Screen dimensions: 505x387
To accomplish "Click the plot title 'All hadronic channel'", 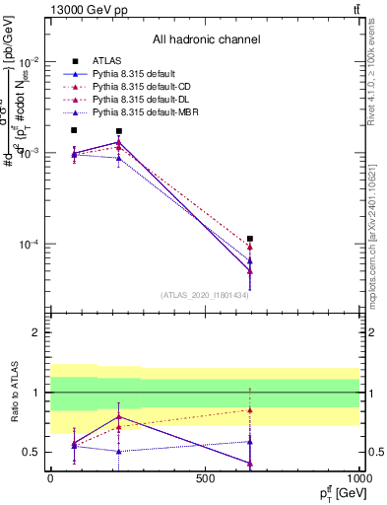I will (x=205, y=39).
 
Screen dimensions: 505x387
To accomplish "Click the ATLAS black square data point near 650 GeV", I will (x=250, y=239).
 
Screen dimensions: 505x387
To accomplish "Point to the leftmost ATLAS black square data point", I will (x=74, y=130).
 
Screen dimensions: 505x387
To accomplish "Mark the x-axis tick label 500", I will (x=205, y=477).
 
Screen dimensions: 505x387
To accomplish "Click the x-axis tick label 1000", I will (x=358, y=477).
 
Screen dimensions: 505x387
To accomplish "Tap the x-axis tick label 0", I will (x=50, y=477).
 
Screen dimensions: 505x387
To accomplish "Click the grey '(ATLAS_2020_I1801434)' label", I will (x=204, y=295).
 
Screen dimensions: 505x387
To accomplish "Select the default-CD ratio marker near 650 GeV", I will (x=250, y=410).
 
